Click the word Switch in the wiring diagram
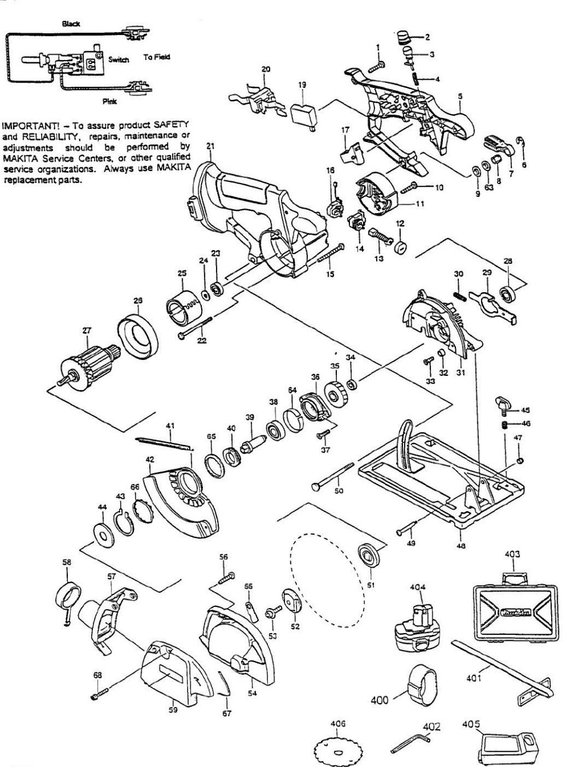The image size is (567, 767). click(118, 60)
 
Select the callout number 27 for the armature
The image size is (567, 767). click(87, 329)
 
